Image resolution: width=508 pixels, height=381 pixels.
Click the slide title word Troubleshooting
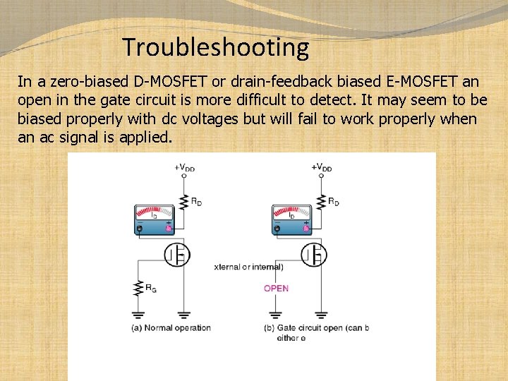click(x=215, y=47)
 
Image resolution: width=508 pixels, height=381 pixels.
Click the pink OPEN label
click(x=276, y=288)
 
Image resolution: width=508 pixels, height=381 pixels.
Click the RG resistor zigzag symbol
click(x=138, y=288)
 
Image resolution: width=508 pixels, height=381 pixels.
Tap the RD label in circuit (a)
click(x=197, y=202)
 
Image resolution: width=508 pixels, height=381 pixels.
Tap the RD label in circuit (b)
click(x=333, y=202)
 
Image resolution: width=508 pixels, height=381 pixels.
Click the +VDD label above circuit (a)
click(x=184, y=167)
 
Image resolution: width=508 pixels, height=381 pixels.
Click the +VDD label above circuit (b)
click(x=321, y=167)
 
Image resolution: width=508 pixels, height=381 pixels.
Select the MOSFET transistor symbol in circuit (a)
click(x=176, y=254)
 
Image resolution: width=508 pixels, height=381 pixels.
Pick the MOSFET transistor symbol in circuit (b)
click(x=313, y=254)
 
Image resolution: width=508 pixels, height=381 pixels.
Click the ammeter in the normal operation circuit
click(x=154, y=219)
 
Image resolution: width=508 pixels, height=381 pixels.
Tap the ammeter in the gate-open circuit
click(x=291, y=219)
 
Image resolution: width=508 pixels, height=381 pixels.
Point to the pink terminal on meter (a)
click(x=168, y=229)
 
